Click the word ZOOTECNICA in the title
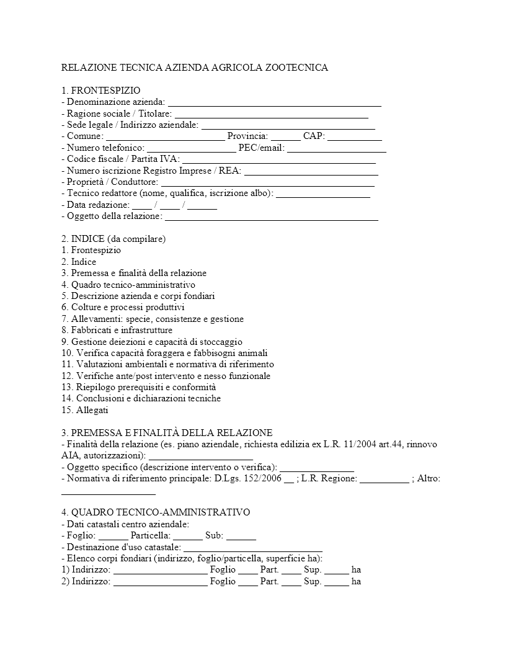(296, 68)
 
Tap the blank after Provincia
(285, 136)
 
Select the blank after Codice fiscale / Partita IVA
(279, 159)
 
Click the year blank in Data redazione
(202, 205)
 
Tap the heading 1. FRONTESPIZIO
(101, 91)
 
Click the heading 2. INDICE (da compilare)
(113, 239)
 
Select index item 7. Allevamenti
(153, 319)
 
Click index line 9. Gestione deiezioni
(152, 342)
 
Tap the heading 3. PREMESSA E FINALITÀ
(167, 432)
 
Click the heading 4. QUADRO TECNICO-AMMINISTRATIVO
(156, 512)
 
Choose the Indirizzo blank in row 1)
(160, 571)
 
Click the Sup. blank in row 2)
(336, 582)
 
